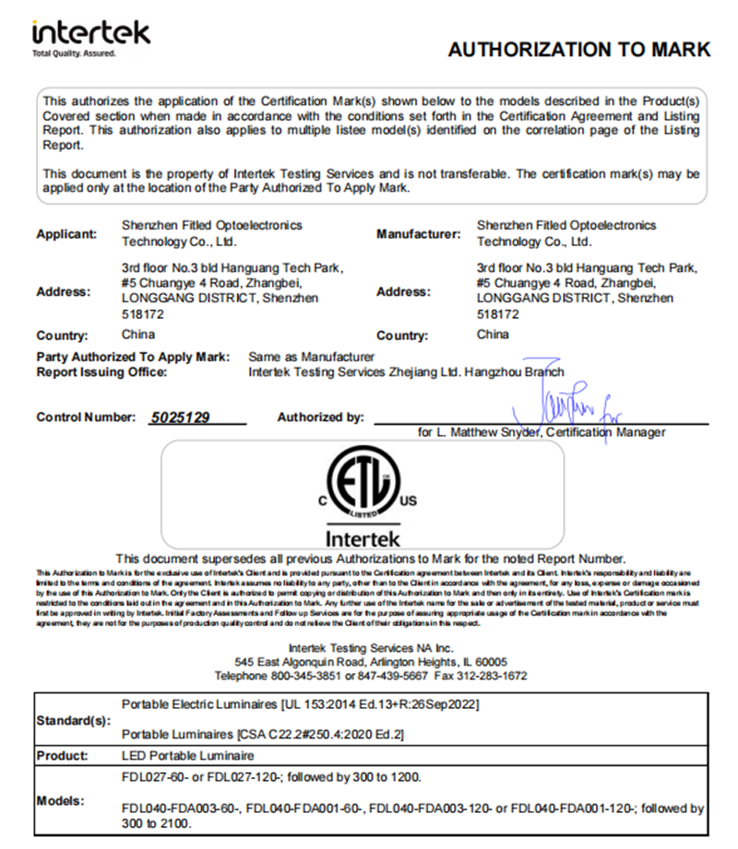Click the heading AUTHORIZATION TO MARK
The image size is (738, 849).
578,50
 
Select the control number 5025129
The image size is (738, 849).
180,418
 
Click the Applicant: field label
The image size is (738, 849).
66,234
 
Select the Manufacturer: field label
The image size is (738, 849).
418,234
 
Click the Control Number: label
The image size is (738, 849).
87,418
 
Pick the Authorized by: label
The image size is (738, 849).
320,418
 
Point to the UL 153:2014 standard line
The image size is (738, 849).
300,704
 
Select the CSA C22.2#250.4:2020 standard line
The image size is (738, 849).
263,735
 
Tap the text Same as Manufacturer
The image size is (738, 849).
312,356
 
